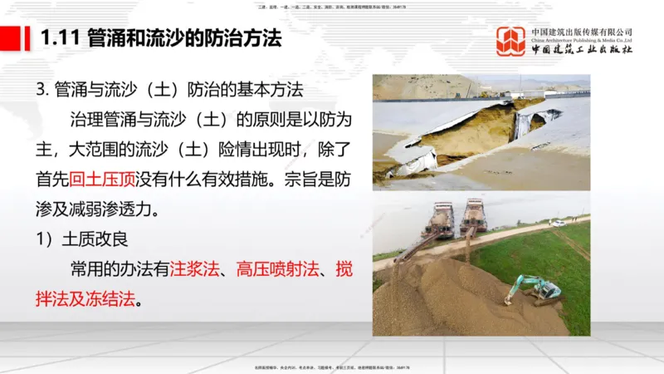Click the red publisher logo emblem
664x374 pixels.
(x=510, y=41)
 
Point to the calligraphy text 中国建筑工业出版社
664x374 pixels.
(x=582, y=50)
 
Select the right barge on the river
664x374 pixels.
(x=473, y=215)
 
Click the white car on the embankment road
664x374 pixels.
(x=558, y=223)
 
